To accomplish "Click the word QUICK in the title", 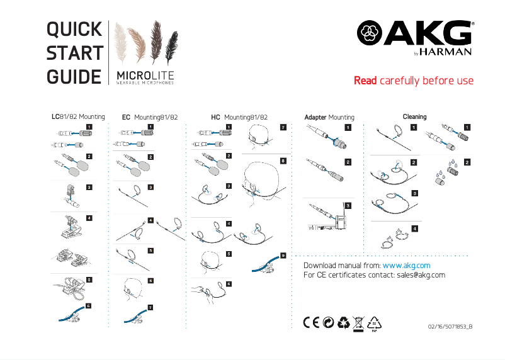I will pyautogui.click(x=74, y=29).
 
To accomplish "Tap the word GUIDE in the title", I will pyautogui.click(x=74, y=77).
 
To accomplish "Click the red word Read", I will pyautogui.click(x=365, y=81).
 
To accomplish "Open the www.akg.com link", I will pyautogui.click(x=406, y=266).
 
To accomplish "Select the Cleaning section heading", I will pyautogui.click(x=414, y=116).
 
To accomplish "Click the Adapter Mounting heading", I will pyautogui.click(x=329, y=117).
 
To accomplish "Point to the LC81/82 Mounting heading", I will pyautogui.click(x=78, y=117).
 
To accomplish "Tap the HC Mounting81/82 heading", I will pyautogui.click(x=239, y=117).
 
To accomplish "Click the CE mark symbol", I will pyautogui.click(x=312, y=322).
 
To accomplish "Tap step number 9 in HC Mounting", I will pyautogui.click(x=283, y=256).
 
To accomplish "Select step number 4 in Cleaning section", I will pyautogui.click(x=414, y=228).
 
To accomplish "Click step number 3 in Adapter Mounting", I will pyautogui.click(x=348, y=205).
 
